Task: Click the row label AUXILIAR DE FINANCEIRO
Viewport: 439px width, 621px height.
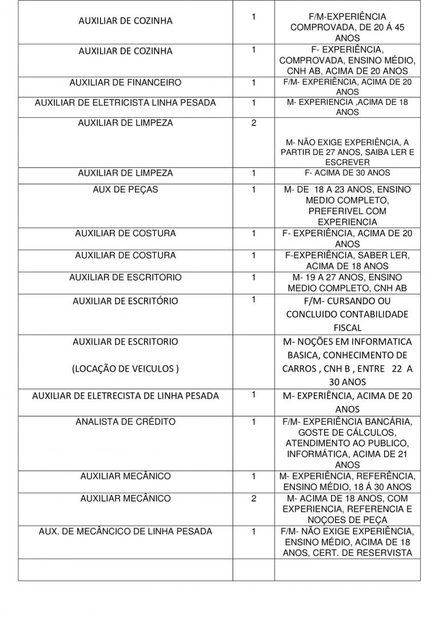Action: tap(125, 83)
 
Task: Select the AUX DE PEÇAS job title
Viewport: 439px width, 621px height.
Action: tap(125, 189)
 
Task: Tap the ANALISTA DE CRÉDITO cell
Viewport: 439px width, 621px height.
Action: tap(125, 422)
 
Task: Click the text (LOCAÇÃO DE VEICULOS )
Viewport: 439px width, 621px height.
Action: tap(125, 369)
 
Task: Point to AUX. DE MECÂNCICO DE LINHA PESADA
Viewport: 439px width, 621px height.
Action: tap(125, 531)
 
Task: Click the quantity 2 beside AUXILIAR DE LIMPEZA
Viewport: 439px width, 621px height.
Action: tap(253, 123)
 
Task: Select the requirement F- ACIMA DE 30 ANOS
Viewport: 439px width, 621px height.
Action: tap(348, 173)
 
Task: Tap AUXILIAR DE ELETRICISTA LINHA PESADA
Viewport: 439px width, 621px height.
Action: tap(125, 103)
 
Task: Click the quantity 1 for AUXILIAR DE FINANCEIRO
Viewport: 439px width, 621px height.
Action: tap(253, 83)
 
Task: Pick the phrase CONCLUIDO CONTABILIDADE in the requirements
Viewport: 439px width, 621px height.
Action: tap(348, 315)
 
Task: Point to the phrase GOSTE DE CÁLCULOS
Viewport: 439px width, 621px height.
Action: tap(348, 433)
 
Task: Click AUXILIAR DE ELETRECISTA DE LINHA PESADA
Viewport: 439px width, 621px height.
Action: tap(125, 396)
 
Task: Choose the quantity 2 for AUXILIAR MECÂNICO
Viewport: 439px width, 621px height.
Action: tap(253, 499)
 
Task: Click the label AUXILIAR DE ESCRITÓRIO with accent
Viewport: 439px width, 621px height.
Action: tap(125, 301)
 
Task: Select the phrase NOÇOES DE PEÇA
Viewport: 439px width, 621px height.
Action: tap(348, 520)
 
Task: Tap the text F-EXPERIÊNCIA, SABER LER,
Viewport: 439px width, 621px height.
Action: tap(348, 255)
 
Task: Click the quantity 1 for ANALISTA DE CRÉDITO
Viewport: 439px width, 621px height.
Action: tap(253, 422)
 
